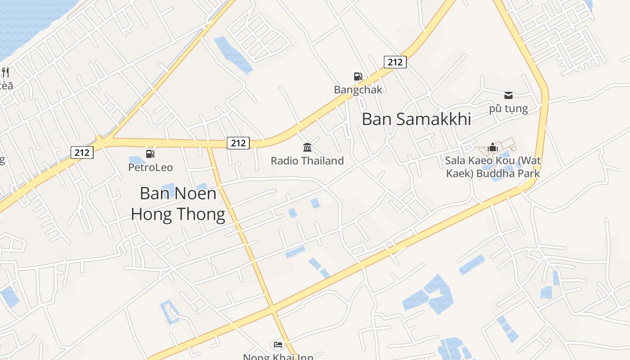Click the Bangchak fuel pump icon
[358, 76]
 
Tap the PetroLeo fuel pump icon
[150, 154]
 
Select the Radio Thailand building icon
[307, 147]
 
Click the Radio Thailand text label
[307, 161]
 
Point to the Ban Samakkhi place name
[416, 119]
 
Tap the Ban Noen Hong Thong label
[178, 204]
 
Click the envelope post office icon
[508, 95]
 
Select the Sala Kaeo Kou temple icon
[492, 147]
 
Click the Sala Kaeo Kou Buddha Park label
[493, 167]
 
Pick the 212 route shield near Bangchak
[395, 62]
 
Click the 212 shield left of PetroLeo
[82, 153]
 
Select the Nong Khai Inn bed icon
[278, 345]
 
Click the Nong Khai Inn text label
[278, 357]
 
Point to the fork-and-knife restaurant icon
[5, 72]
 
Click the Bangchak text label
[358, 90]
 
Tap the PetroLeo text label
[150, 167]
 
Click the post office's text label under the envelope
[508, 108]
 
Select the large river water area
[27, 22]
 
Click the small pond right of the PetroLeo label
[202, 187]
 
